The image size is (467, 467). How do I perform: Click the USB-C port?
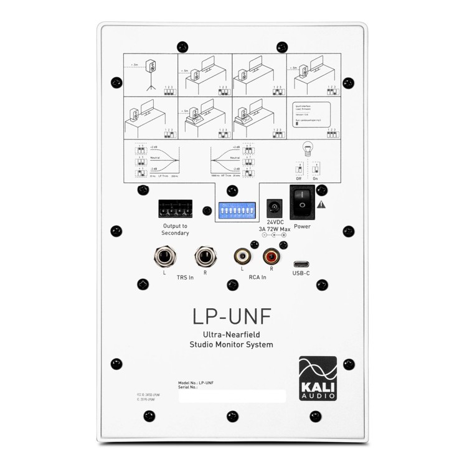pyautogui.click(x=301, y=263)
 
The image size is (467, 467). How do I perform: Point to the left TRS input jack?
pyautogui.click(x=164, y=256)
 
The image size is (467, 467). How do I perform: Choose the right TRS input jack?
pyautogui.click(x=204, y=256)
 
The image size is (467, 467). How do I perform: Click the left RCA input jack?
pyautogui.click(x=242, y=255)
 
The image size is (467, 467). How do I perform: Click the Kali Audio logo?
pyautogui.click(x=318, y=378)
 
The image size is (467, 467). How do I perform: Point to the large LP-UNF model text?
pyautogui.click(x=232, y=316)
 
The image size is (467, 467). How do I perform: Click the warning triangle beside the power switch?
pyautogui.click(x=321, y=204)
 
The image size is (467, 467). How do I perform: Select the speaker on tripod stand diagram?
pyautogui.click(x=150, y=73)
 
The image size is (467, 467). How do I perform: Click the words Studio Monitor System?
pyautogui.click(x=231, y=344)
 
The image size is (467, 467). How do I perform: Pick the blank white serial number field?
pyautogui.click(x=232, y=396)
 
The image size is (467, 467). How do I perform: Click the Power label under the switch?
pyautogui.click(x=302, y=227)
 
